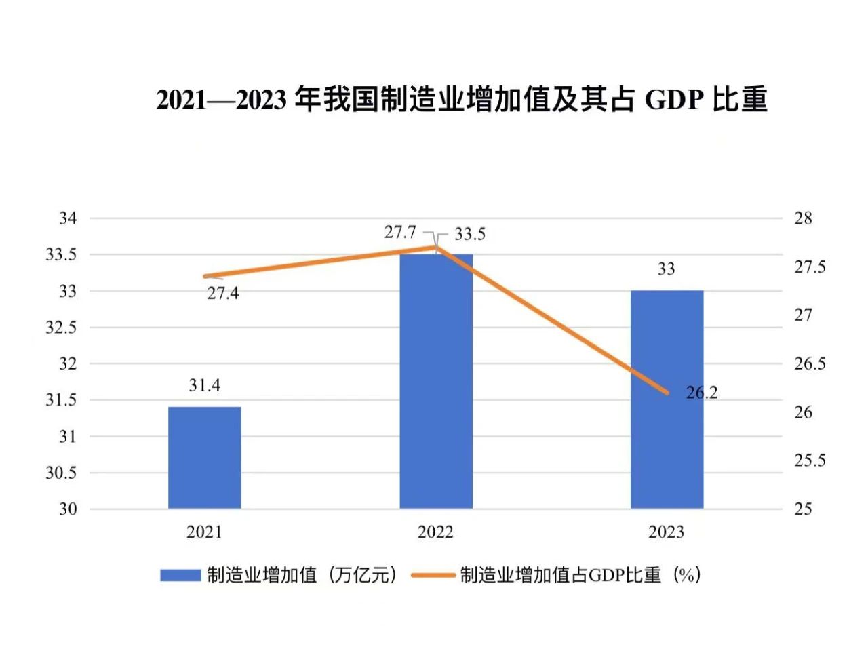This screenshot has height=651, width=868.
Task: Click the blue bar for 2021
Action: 204,458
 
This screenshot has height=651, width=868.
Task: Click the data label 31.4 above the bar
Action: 204,385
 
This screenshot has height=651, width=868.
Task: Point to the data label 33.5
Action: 470,234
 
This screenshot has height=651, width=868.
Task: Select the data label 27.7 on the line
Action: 400,232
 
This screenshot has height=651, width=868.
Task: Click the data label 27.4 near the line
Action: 223,294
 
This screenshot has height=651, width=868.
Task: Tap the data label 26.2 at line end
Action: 701,393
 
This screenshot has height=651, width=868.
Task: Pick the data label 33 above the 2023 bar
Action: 666,269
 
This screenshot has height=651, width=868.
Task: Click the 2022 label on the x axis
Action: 435,532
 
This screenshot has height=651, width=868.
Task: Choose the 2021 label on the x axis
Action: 204,532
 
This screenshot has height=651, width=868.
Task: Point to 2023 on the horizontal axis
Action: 667,532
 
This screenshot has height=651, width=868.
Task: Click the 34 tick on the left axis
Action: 68,218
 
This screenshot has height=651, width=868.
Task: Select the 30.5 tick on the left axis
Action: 61,473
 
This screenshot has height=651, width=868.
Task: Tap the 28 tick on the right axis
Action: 803,218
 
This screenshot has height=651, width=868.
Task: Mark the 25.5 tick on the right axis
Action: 810,460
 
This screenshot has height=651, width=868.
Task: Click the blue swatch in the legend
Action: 180,575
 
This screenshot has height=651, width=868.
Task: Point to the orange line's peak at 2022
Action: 435,248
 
